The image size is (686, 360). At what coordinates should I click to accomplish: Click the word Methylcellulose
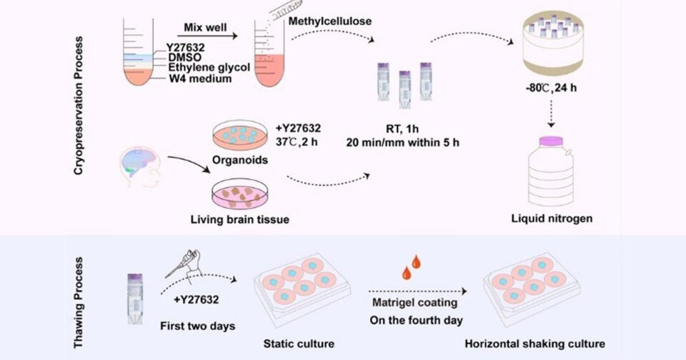(x=330, y=22)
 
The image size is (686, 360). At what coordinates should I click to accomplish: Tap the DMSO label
(x=184, y=56)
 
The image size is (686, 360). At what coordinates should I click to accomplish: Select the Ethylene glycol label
(x=209, y=67)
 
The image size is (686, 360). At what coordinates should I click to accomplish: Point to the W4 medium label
(x=200, y=79)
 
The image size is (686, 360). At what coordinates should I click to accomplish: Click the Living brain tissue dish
(x=241, y=194)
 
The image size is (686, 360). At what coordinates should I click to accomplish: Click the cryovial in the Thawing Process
(x=134, y=294)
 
